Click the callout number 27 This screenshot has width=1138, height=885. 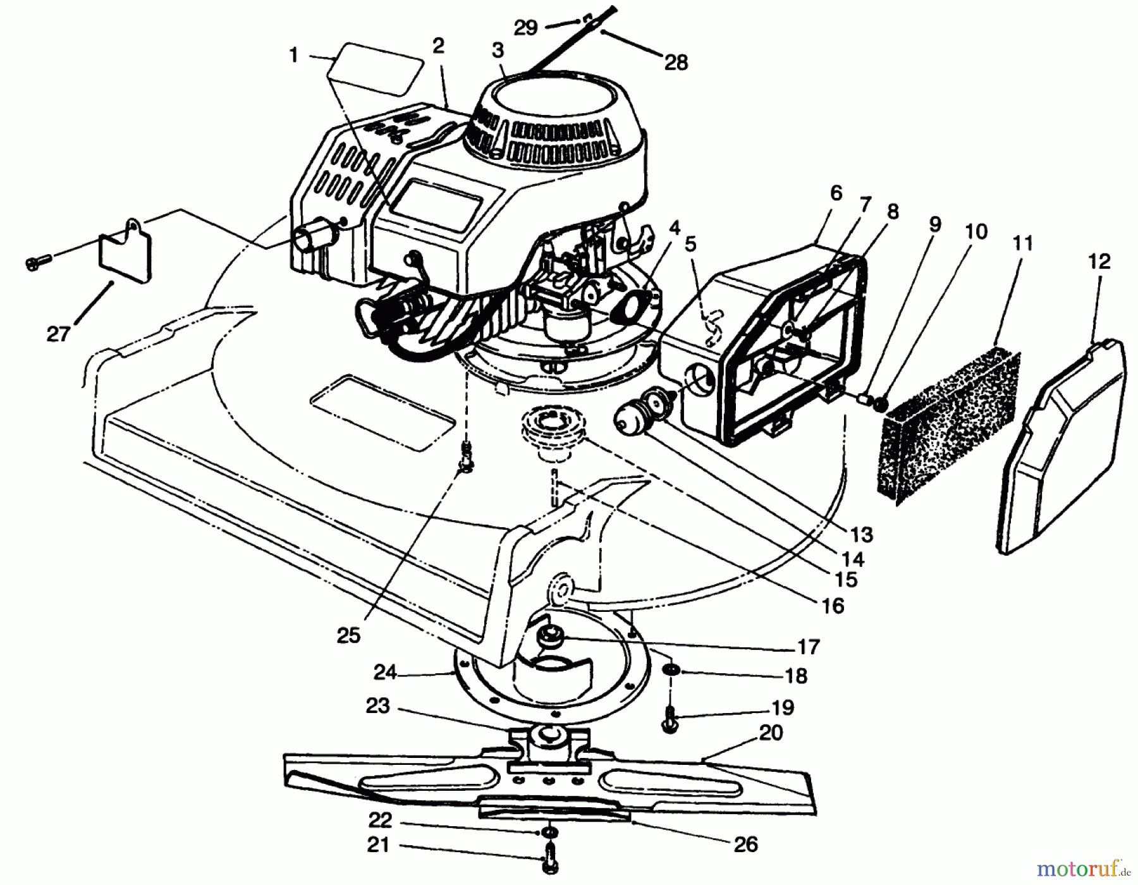(58, 333)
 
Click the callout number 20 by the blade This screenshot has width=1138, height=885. (770, 733)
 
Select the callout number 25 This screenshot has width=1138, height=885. (348, 635)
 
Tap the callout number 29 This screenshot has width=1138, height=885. (525, 27)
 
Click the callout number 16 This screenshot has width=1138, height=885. (833, 606)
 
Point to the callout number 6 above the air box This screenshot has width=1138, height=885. (836, 193)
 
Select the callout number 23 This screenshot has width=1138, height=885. (377, 706)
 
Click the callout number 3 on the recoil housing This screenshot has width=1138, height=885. (498, 51)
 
